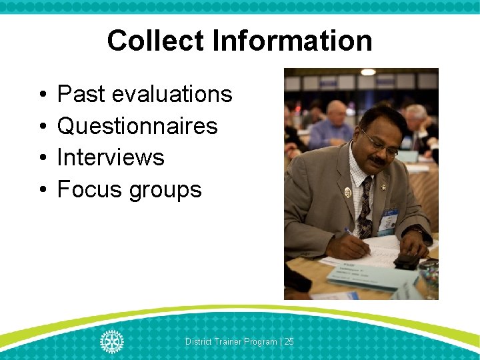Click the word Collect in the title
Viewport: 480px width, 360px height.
click(x=155, y=41)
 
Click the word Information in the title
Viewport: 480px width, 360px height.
click(x=293, y=41)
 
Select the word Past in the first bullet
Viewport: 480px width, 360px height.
click(x=81, y=95)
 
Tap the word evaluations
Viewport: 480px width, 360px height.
click(x=172, y=95)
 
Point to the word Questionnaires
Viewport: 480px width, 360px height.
click(x=137, y=126)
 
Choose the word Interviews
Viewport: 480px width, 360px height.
click(x=111, y=157)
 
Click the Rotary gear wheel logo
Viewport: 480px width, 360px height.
click(x=111, y=341)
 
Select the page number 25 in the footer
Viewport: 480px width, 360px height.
click(x=289, y=341)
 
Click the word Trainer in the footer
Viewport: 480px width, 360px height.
click(x=228, y=341)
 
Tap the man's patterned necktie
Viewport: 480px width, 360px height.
click(x=364, y=207)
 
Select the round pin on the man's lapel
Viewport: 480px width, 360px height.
click(x=347, y=193)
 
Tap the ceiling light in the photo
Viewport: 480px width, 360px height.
click(x=368, y=72)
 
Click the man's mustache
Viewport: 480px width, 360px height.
click(x=378, y=161)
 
